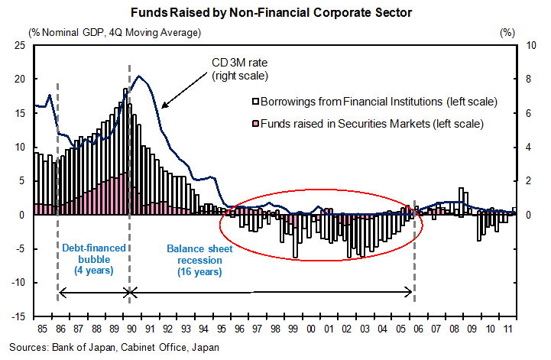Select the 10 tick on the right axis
tap(528, 45)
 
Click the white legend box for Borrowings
tap(256, 101)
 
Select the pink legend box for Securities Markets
tap(256, 122)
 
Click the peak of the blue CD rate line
tap(138, 76)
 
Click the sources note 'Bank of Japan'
tap(78, 348)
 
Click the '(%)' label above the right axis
tap(508, 32)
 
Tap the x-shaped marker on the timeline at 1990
tap(129, 291)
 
